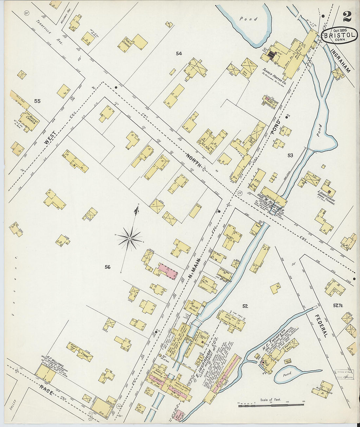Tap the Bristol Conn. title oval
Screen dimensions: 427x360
[339, 36]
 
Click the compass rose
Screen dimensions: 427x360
[130, 238]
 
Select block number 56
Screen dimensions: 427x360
[107, 267]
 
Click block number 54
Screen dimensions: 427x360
[178, 53]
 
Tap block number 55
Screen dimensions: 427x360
[37, 101]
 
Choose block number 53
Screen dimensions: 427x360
[290, 155]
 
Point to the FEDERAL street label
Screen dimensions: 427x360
[321, 326]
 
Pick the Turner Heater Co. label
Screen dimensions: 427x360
[275, 77]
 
